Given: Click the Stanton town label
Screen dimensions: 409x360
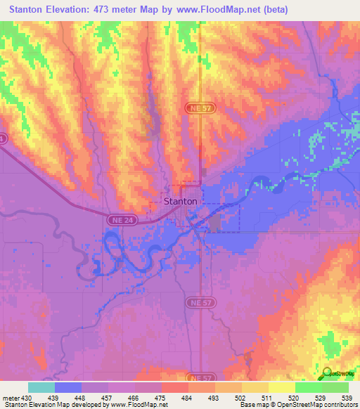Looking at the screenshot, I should [180, 200].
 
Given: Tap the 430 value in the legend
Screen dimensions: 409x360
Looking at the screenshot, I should [27, 398].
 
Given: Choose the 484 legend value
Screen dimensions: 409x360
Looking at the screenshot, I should [186, 398].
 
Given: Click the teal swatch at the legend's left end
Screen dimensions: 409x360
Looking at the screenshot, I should [41, 387].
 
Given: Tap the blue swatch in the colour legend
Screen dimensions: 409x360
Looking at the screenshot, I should [68, 387].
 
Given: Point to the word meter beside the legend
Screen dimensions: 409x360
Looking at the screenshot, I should [10, 398].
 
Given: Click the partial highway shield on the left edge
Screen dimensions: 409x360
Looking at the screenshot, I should [2, 139].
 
